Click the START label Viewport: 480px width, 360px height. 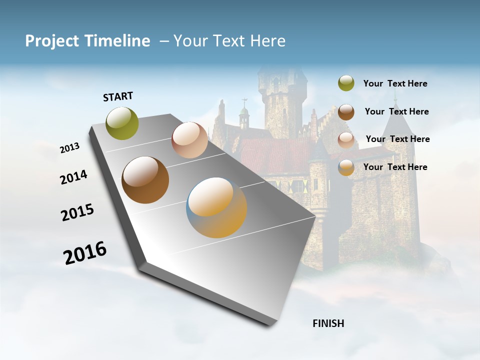(118, 96)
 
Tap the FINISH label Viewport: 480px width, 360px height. (328, 323)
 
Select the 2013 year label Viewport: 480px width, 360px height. (69, 148)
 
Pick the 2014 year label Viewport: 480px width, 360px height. (73, 177)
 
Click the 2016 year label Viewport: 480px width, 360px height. (85, 253)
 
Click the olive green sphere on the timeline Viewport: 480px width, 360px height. (122, 123)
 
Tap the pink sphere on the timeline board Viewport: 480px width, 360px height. (189, 140)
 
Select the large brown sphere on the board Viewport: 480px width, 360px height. (145, 180)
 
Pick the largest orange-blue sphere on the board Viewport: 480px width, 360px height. (216, 207)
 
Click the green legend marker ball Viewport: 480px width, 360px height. (346, 83)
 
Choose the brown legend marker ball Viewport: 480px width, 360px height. (346, 112)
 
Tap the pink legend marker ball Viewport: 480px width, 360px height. (346, 140)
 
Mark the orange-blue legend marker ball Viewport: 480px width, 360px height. (346, 167)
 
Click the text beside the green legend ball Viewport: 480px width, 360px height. (395, 84)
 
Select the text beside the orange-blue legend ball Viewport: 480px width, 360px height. (395, 167)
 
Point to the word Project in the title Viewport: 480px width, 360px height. (52, 41)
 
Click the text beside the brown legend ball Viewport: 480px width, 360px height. (396, 111)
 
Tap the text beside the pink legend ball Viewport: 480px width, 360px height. (397, 139)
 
